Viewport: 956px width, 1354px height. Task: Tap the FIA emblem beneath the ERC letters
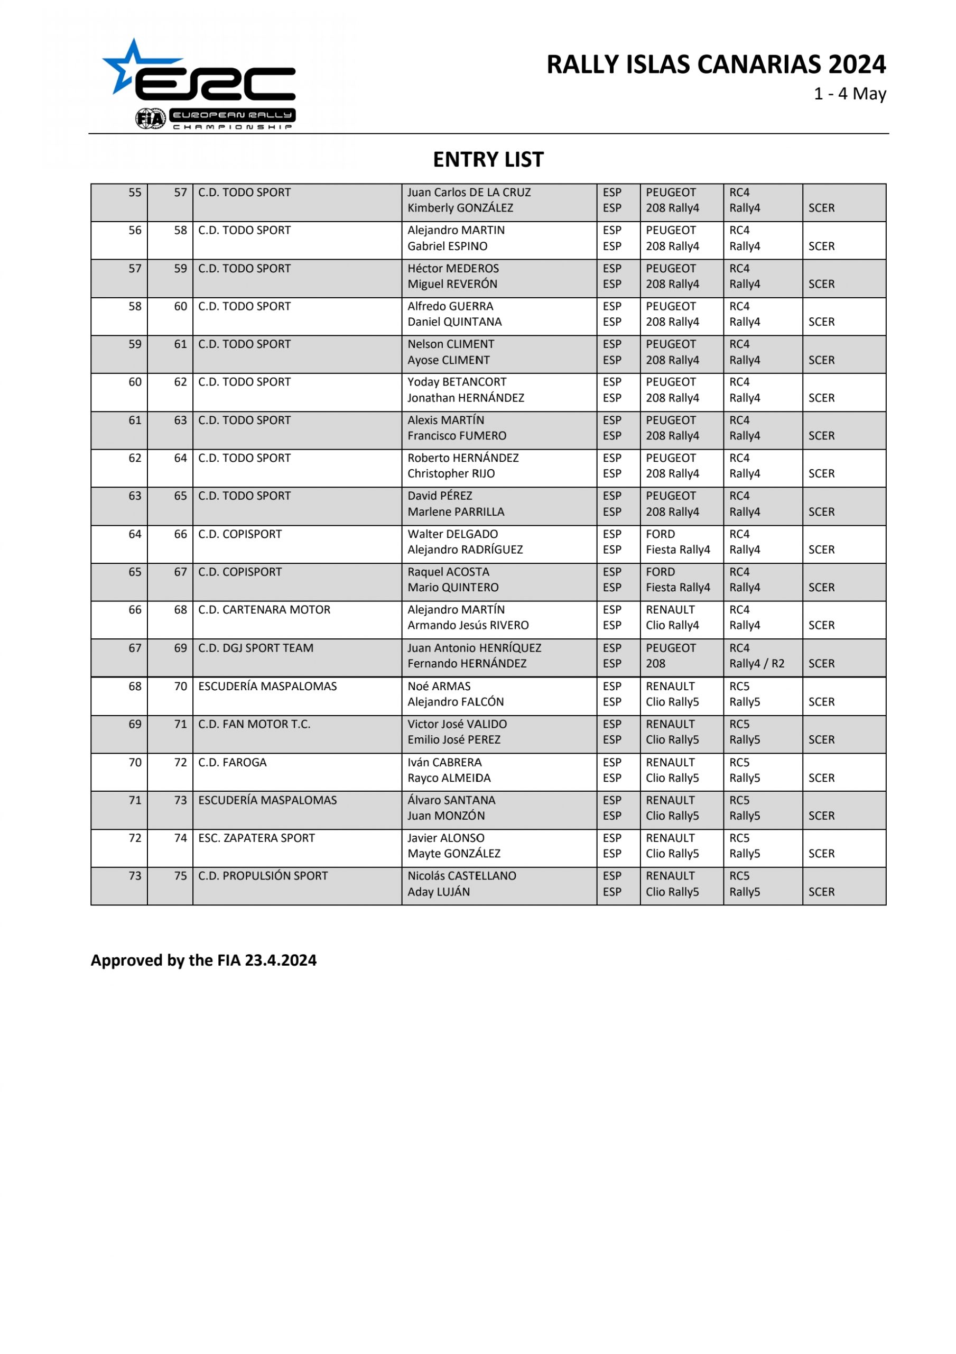(150, 118)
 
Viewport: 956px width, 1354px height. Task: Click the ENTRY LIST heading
(488, 159)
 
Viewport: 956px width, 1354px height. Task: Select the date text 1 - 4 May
(849, 94)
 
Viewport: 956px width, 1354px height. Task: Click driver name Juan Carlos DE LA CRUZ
(469, 192)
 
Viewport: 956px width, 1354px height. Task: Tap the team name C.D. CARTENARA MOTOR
(264, 610)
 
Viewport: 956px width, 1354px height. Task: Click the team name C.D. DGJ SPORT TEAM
(255, 648)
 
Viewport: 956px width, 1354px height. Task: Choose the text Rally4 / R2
(756, 663)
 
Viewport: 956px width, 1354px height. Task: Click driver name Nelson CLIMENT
(450, 344)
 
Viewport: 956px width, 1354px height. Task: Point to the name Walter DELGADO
(452, 534)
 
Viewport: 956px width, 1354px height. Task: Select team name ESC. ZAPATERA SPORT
(256, 838)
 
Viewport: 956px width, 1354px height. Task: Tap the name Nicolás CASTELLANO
(461, 876)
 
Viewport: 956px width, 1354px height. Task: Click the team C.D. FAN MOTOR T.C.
(254, 724)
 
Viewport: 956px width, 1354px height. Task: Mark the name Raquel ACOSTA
(448, 572)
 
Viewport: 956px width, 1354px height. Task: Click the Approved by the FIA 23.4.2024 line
(203, 960)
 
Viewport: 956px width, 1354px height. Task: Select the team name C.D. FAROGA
(232, 763)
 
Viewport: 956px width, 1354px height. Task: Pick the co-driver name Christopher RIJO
(451, 473)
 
